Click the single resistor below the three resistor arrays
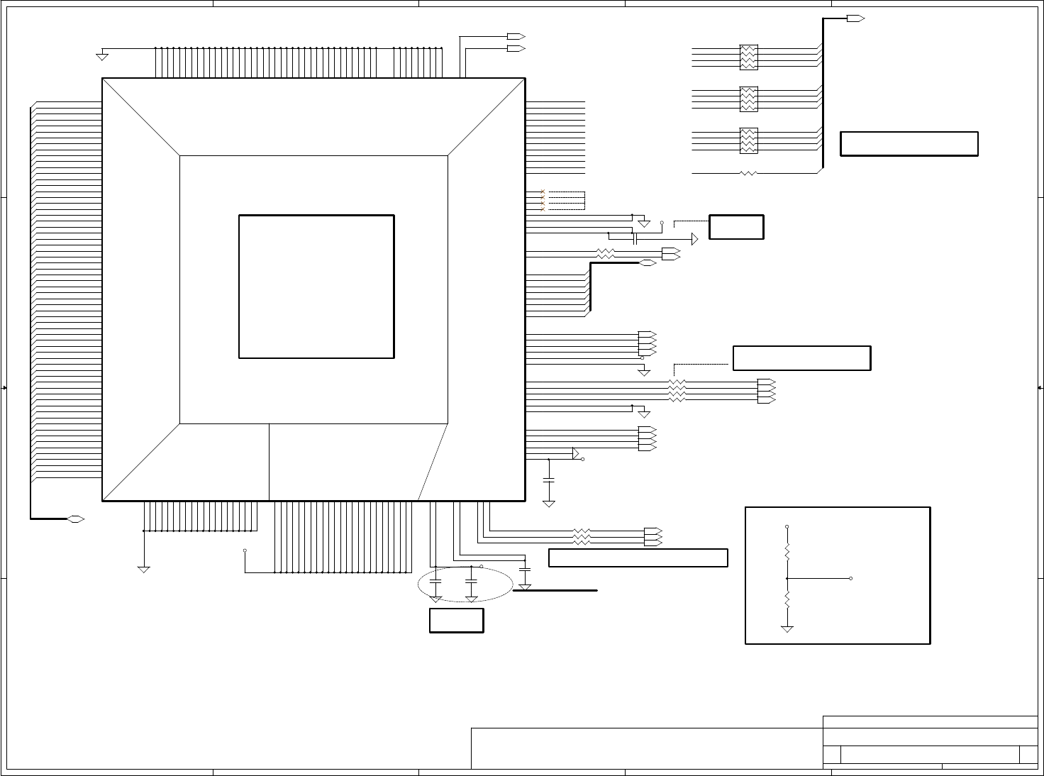[x=748, y=173]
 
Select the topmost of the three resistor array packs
[x=748, y=57]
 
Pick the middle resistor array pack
[x=748, y=99]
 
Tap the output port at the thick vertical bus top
[x=856, y=18]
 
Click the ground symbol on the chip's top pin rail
[x=101, y=55]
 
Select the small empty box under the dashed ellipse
[x=456, y=620]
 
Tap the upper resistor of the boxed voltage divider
[x=787, y=550]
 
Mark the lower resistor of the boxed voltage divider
[x=787, y=601]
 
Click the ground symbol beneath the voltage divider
[x=787, y=628]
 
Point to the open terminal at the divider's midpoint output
[x=850, y=579]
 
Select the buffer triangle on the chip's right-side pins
[x=577, y=453]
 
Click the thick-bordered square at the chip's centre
[x=316, y=287]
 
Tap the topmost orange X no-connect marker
[x=543, y=192]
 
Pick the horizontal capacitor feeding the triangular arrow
[x=635, y=240]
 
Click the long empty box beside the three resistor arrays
[x=909, y=143]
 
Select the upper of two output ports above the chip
[x=516, y=36]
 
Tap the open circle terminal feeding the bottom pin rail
[x=245, y=550]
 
